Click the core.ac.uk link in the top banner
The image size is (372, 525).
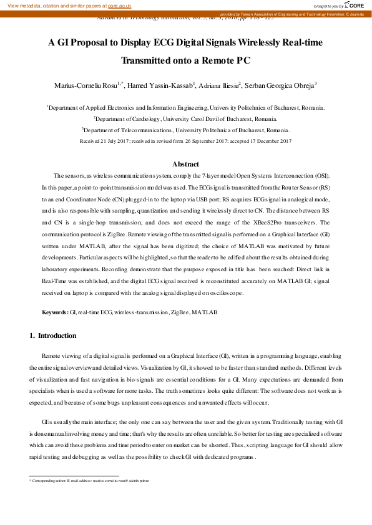coord(119,5)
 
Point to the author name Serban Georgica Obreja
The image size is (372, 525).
coord(278,84)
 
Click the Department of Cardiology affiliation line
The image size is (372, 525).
coord(185,118)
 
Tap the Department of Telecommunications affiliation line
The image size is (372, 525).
coord(185,130)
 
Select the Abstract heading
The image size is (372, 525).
coord(185,164)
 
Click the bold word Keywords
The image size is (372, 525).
coord(54,311)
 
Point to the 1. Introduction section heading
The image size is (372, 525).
coord(53,336)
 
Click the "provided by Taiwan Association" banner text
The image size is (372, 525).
coord(293,14)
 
